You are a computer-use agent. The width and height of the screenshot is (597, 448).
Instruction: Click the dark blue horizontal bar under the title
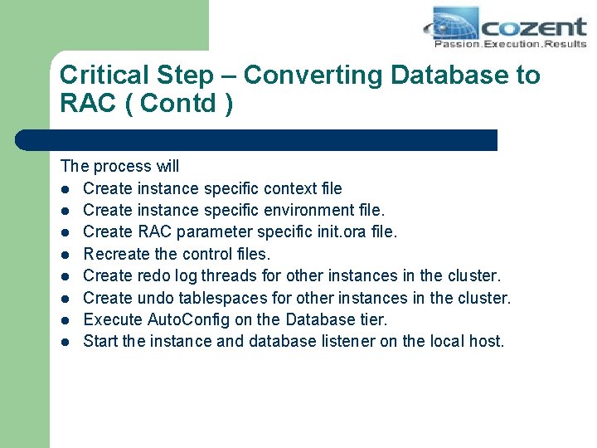click(257, 140)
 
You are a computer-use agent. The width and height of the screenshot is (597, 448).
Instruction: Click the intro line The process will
click(119, 167)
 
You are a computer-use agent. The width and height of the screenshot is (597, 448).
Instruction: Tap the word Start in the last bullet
click(101, 341)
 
